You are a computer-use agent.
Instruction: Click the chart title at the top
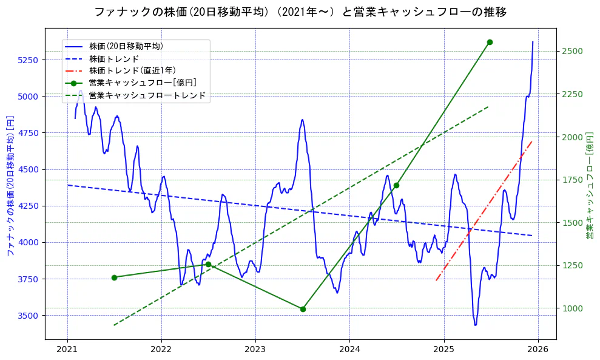pos(300,12)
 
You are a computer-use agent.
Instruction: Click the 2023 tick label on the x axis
pos(255,349)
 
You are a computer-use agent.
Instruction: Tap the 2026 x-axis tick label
pos(538,349)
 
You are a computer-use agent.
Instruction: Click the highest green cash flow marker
pos(490,42)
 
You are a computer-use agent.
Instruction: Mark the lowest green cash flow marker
pos(303,309)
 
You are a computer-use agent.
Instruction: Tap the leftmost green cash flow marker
pos(114,277)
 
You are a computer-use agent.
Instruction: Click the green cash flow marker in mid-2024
pos(396,185)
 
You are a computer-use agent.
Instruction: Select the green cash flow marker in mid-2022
pos(208,264)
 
